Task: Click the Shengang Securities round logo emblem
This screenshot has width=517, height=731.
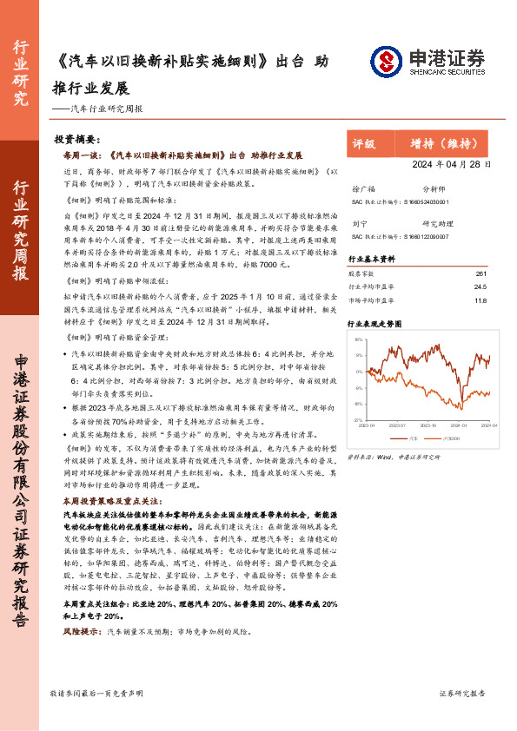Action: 385,61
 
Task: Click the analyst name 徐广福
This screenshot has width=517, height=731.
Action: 364,188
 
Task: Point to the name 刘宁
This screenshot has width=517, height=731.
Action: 359,222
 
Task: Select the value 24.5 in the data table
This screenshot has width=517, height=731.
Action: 480,287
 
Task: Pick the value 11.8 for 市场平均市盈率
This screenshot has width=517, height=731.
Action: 480,300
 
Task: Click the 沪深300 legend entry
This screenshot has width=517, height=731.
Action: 454,440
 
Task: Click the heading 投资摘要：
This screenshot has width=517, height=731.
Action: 77,140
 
